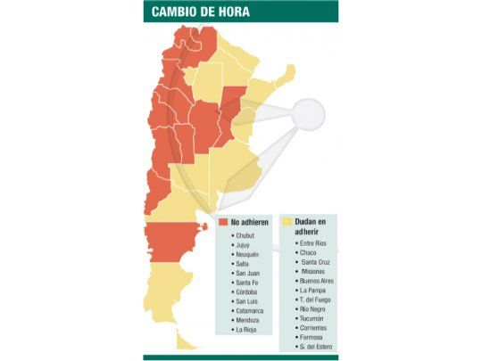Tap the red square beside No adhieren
pos(223,222)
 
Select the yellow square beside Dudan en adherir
pos(287,222)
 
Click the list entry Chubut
pos(245,235)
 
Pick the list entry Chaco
pos(309,253)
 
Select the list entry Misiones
pos(314,272)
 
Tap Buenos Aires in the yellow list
pos(320,281)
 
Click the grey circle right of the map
pos(309,114)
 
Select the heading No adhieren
pos(249,222)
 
